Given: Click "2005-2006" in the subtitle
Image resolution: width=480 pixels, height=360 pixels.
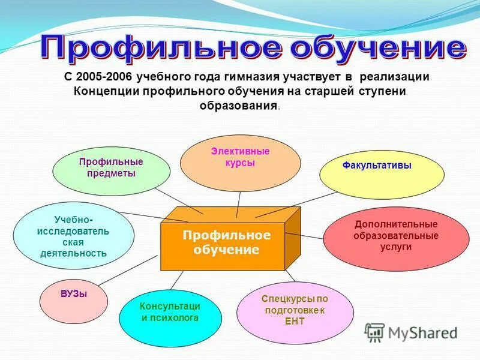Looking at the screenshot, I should (x=105, y=77).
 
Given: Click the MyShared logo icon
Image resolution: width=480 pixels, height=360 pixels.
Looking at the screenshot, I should (x=374, y=331).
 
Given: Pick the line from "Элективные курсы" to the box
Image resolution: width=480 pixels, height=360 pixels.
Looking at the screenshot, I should (x=239, y=204).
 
